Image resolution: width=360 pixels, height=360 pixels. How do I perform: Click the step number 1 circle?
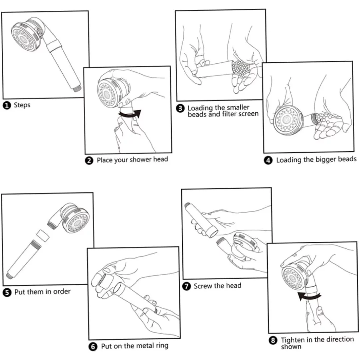[x=7, y=105]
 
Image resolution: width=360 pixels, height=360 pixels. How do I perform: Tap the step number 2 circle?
[x=89, y=160]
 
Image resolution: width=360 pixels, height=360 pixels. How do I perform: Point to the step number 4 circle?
[x=268, y=160]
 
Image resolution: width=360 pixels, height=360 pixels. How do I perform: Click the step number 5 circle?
[x=7, y=292]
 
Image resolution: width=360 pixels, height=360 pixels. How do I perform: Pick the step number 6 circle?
[x=93, y=346]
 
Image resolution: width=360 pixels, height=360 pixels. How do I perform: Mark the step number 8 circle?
[x=273, y=340]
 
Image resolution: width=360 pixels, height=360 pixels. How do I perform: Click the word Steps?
[x=22, y=105]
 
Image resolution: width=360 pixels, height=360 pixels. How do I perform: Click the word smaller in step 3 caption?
[x=238, y=108]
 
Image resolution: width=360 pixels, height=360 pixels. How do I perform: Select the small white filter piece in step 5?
[x=43, y=235]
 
